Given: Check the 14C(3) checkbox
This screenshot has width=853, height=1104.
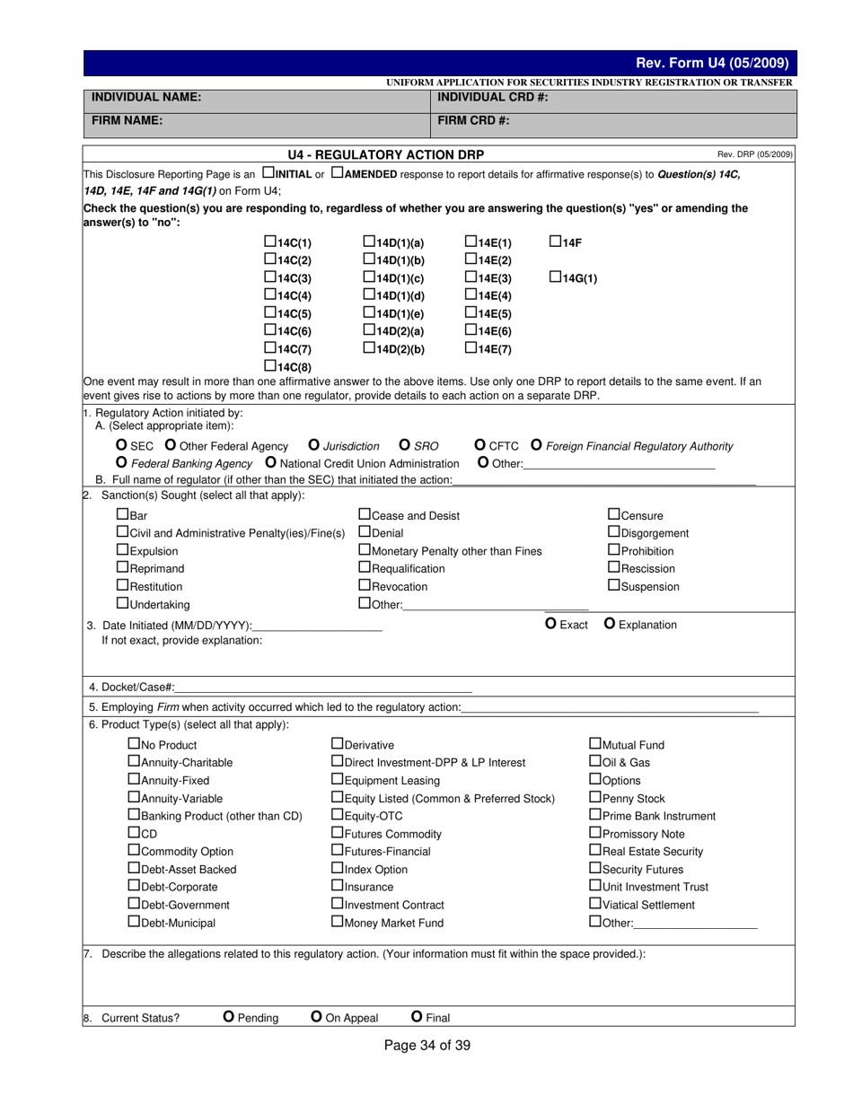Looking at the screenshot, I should click(269, 277).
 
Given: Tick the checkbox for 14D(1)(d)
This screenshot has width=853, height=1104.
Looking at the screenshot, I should click(369, 294).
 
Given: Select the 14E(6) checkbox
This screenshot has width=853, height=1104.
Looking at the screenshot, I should click(470, 330).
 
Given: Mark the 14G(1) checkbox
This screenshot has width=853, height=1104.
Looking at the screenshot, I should click(555, 277).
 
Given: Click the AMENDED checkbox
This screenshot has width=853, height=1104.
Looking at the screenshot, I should click(337, 172).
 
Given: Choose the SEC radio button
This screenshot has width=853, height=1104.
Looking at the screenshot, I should click(122, 446).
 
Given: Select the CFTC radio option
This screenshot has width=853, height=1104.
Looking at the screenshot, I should click(480, 446).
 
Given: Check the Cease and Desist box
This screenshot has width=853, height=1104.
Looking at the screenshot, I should click(365, 515).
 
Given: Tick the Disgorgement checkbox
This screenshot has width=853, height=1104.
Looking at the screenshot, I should click(614, 532).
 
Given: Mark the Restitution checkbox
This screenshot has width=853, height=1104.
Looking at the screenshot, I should click(123, 586).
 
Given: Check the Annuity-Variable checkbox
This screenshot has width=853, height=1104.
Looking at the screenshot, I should click(135, 797).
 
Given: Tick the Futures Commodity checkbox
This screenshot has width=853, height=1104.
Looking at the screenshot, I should click(338, 833).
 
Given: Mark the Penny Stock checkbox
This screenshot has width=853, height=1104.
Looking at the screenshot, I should click(594, 797).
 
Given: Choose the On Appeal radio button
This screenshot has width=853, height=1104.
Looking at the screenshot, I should click(316, 1017).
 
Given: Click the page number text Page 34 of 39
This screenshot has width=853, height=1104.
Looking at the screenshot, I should click(426, 1045).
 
